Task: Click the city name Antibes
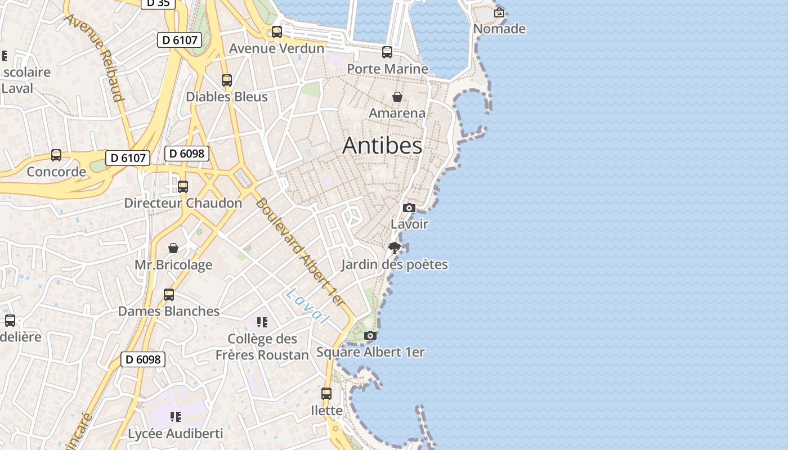[x=382, y=146]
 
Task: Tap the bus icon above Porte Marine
[x=387, y=52]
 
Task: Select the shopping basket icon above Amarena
[x=397, y=97]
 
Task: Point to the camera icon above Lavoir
[x=409, y=208]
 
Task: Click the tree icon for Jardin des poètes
[x=395, y=247]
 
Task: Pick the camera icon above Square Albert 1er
[x=370, y=336]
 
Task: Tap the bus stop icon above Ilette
[x=326, y=394]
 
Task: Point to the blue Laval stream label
[x=307, y=306]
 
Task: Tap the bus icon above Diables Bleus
[x=227, y=80]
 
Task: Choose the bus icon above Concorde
[x=56, y=155]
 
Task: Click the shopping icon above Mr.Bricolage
[x=173, y=248]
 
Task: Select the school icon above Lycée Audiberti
[x=175, y=417]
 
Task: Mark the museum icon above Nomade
[x=499, y=12]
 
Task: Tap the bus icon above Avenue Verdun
[x=276, y=32]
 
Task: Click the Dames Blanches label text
[x=169, y=311]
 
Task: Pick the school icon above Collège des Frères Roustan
[x=262, y=322]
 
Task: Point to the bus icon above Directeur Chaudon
[x=183, y=187]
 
